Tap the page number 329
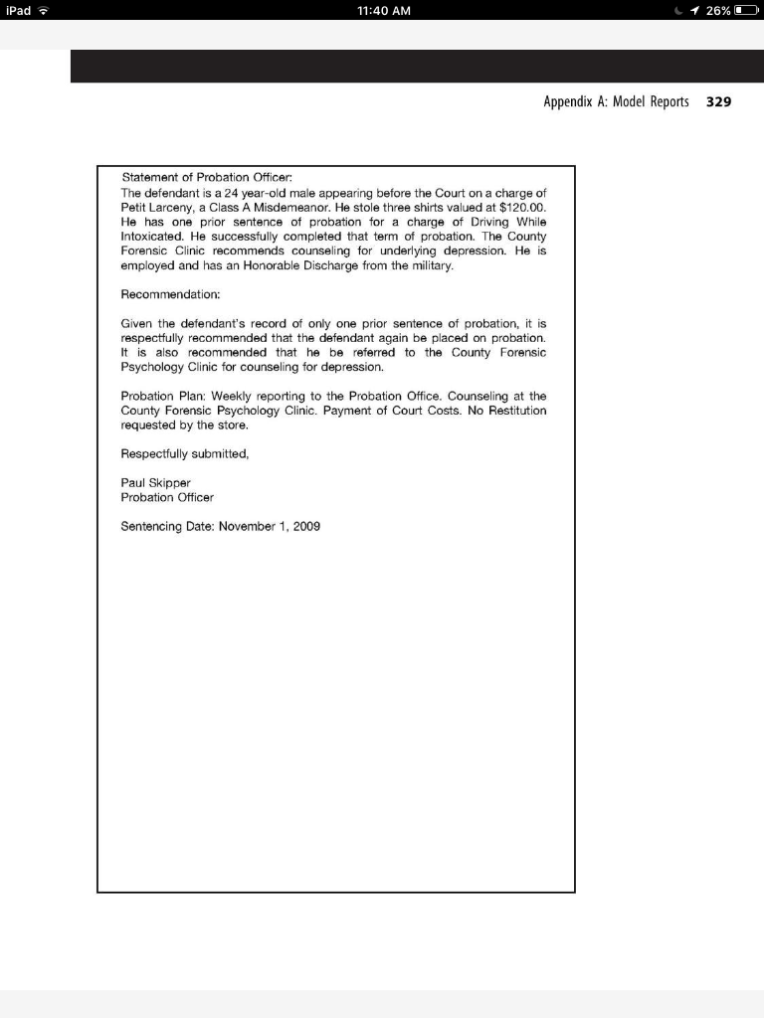tap(718, 102)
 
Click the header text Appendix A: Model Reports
tap(616, 102)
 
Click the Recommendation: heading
tap(170, 295)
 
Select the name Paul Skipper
tap(155, 482)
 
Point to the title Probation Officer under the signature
tap(167, 497)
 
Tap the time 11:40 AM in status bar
tap(382, 11)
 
